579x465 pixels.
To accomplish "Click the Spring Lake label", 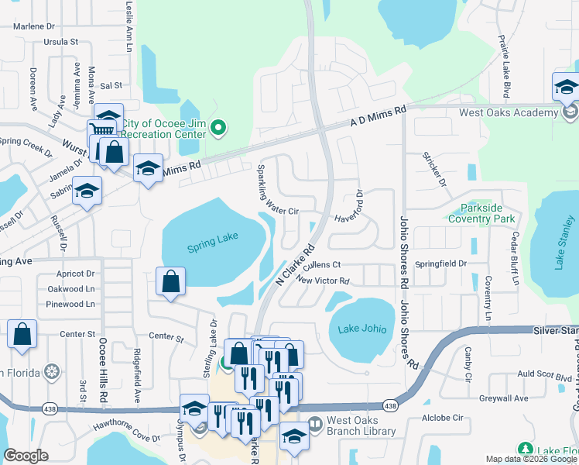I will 212,247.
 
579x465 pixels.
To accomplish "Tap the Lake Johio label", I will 362,329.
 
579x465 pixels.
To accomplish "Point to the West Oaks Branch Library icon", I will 315,424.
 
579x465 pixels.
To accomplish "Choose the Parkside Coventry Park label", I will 487,214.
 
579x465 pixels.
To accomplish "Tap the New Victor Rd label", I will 323,281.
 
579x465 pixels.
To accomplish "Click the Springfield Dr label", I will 440,263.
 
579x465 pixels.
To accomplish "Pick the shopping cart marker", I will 101,129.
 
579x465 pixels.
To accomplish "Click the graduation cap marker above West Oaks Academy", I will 566,87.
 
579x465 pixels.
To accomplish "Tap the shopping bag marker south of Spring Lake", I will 171,282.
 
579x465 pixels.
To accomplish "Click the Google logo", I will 26,456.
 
